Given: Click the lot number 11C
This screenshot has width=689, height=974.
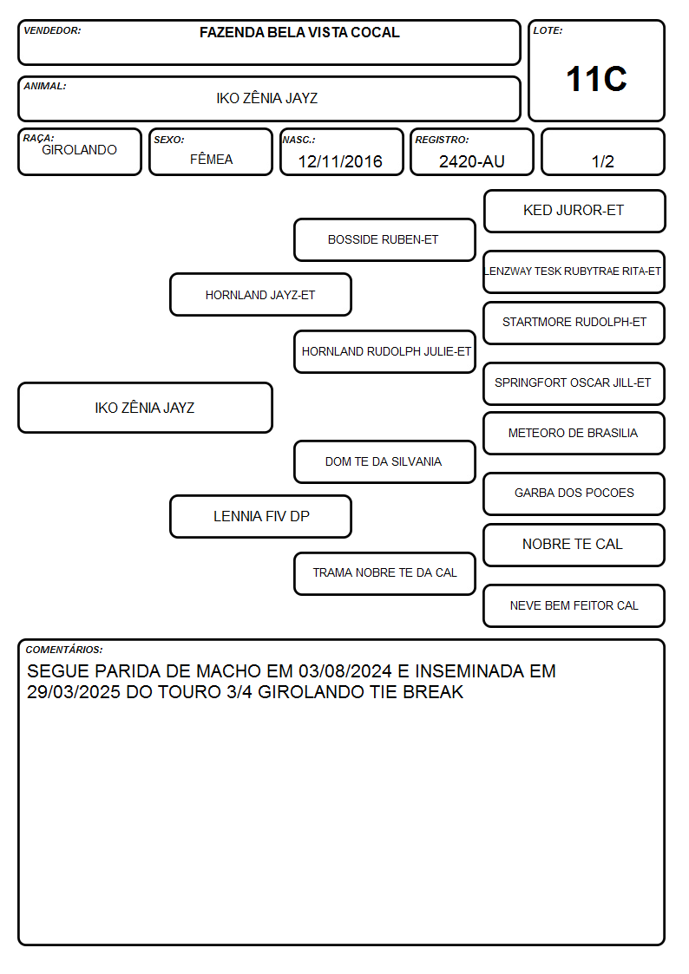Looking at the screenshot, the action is pos(596,79).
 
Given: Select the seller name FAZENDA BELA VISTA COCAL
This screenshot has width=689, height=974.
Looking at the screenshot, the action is pos(299,32).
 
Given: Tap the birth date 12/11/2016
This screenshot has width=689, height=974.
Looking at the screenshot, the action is pos(340,161).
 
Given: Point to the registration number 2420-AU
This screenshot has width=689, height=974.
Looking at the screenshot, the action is pos(471,161).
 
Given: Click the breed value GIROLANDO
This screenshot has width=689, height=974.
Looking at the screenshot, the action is pos(79,150).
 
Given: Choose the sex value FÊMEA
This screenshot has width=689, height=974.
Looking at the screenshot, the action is pos(211,159).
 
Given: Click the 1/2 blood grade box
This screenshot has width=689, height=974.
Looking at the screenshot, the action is pos(602,152).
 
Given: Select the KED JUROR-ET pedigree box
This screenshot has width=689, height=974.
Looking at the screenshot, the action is pos(574,212).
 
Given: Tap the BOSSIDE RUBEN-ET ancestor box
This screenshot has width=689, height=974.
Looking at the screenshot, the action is pos(384,239).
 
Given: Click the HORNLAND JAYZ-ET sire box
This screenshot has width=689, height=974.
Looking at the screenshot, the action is pos(261,294).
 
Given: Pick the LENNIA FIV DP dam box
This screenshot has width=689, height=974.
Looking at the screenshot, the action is pos(261,516).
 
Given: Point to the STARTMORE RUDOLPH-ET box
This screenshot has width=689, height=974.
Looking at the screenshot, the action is pos(574,323).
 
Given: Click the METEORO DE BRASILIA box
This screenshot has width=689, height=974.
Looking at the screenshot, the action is pos(574,434).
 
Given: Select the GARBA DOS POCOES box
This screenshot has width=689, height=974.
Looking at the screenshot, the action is pos(574,494).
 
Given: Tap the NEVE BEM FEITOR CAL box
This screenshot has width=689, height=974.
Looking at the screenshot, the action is pos(574,605).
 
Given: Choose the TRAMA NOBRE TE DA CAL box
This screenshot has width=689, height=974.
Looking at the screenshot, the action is pos(384,573).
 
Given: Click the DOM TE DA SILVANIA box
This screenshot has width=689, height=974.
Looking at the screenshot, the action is pos(384,461).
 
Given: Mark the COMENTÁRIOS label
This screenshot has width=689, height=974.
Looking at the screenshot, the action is pos(64,650).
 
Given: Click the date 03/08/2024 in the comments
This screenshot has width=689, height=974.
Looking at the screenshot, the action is pos(345,670).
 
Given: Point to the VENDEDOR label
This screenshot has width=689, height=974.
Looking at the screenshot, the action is pos(52,30).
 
